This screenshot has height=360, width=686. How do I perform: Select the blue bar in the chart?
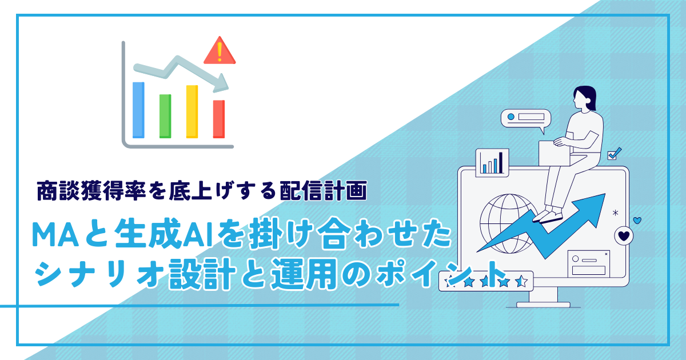click(138, 110)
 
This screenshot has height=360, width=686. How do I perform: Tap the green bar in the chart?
click(165, 116)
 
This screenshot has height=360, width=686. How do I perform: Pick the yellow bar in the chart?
click(192, 111)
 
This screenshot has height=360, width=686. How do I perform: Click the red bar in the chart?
click(219, 119)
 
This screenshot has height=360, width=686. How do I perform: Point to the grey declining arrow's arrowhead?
click(221, 83)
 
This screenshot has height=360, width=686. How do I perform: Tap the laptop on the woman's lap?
click(555, 153)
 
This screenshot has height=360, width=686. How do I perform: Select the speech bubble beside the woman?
click(525, 119)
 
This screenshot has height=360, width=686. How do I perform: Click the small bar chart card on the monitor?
click(492, 162)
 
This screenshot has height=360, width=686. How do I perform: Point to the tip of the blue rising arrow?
click(605, 194)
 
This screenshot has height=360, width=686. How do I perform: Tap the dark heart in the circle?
click(624, 236)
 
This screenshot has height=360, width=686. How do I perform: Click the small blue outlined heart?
click(637, 221)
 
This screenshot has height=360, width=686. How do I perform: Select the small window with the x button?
click(588, 264)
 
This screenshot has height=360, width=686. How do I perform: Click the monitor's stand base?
click(543, 305)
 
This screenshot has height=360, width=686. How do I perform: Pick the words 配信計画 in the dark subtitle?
click(324, 191)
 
